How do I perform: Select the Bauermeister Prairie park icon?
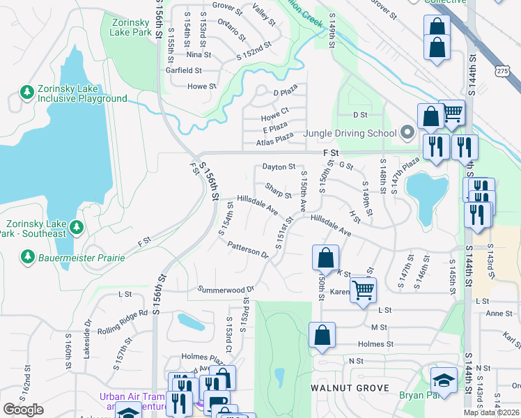[27, 257]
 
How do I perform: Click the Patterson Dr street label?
[248, 249]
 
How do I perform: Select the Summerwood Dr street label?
[226, 289]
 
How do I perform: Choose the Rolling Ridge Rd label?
[123, 321]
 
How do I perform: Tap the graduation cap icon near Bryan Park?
[443, 380]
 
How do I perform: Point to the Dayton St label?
[279, 167]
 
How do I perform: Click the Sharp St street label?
[278, 190]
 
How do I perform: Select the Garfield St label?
[183, 70]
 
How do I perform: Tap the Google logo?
[23, 410]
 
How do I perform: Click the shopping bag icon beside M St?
[322, 334]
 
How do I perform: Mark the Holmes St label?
[375, 343]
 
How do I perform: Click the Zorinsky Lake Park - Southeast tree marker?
[77, 227]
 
